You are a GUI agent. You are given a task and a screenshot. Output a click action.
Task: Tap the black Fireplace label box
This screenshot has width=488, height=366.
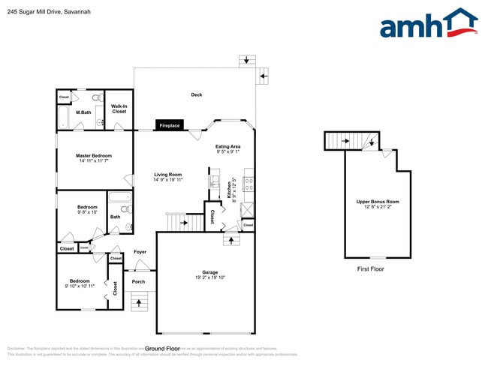click(x=169, y=125)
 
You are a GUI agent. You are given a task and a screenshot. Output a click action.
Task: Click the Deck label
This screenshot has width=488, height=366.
click(x=197, y=94)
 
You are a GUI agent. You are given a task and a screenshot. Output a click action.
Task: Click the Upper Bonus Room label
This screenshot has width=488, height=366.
click(x=378, y=201)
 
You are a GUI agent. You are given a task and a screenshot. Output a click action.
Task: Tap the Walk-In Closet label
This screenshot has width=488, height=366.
click(x=119, y=108)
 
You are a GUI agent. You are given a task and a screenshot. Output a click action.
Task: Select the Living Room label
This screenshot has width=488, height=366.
click(x=168, y=175)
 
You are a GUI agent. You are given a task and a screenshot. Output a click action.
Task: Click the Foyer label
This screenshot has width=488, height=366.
click(x=140, y=252)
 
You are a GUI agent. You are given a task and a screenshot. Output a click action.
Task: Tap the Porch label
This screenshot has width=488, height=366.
click(x=138, y=282)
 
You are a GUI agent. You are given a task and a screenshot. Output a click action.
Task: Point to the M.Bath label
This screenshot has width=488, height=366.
click(x=83, y=113)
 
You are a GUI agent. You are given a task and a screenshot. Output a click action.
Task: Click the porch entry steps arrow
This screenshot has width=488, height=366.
click(x=140, y=301)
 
